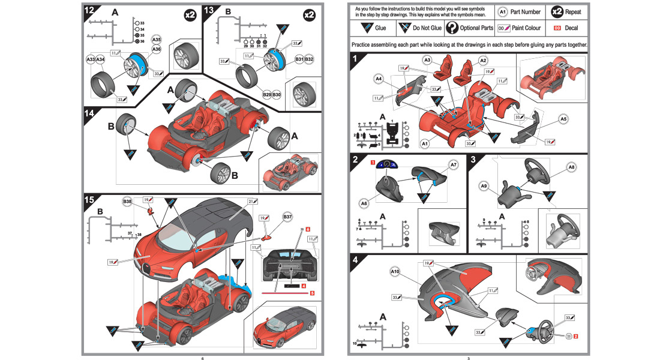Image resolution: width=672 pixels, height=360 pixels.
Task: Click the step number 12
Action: coord(89,10)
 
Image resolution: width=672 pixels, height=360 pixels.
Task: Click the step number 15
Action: coord(89,200)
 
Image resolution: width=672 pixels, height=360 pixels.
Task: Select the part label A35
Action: coord(157,39)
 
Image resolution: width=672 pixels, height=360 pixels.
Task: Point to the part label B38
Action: coord(128,200)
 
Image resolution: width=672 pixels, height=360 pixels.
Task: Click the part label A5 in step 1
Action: coord(563,119)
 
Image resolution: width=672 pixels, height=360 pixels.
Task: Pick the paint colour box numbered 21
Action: coord(253,201)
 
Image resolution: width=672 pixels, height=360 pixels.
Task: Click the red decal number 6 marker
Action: coord(307,229)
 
